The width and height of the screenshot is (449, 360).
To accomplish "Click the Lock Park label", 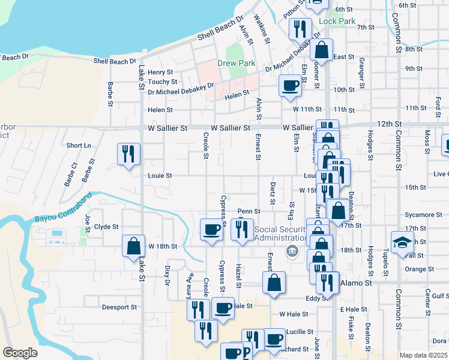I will point(337,22).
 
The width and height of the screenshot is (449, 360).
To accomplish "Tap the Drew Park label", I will point(237,63).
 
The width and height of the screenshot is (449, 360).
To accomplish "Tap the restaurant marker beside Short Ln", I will point(129,155).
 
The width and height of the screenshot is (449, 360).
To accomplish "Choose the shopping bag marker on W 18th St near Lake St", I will point(133,245).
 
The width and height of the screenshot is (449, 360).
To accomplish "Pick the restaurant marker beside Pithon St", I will point(300,29).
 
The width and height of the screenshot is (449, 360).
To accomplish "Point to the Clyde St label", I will point(106,227).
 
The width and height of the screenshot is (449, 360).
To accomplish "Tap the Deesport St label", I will point(119,307).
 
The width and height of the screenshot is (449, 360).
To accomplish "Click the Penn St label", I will point(249,211).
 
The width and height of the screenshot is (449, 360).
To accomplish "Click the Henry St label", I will point(160,72).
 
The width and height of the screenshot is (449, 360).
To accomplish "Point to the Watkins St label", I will point(262,28).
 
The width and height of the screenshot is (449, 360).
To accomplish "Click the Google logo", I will point(20,353).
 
